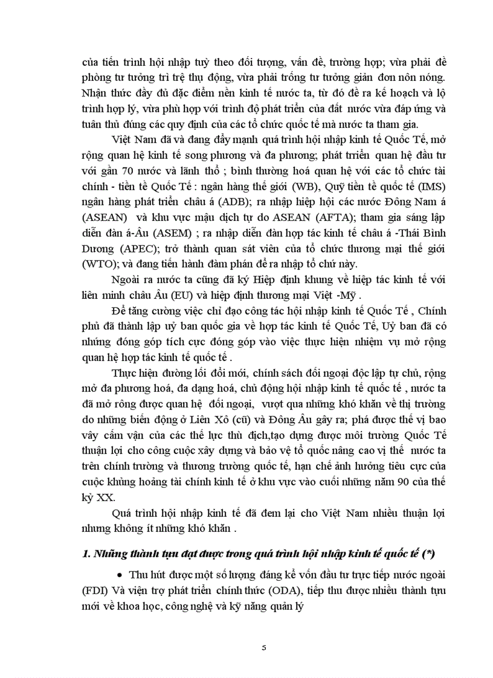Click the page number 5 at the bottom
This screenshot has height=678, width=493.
(263, 648)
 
